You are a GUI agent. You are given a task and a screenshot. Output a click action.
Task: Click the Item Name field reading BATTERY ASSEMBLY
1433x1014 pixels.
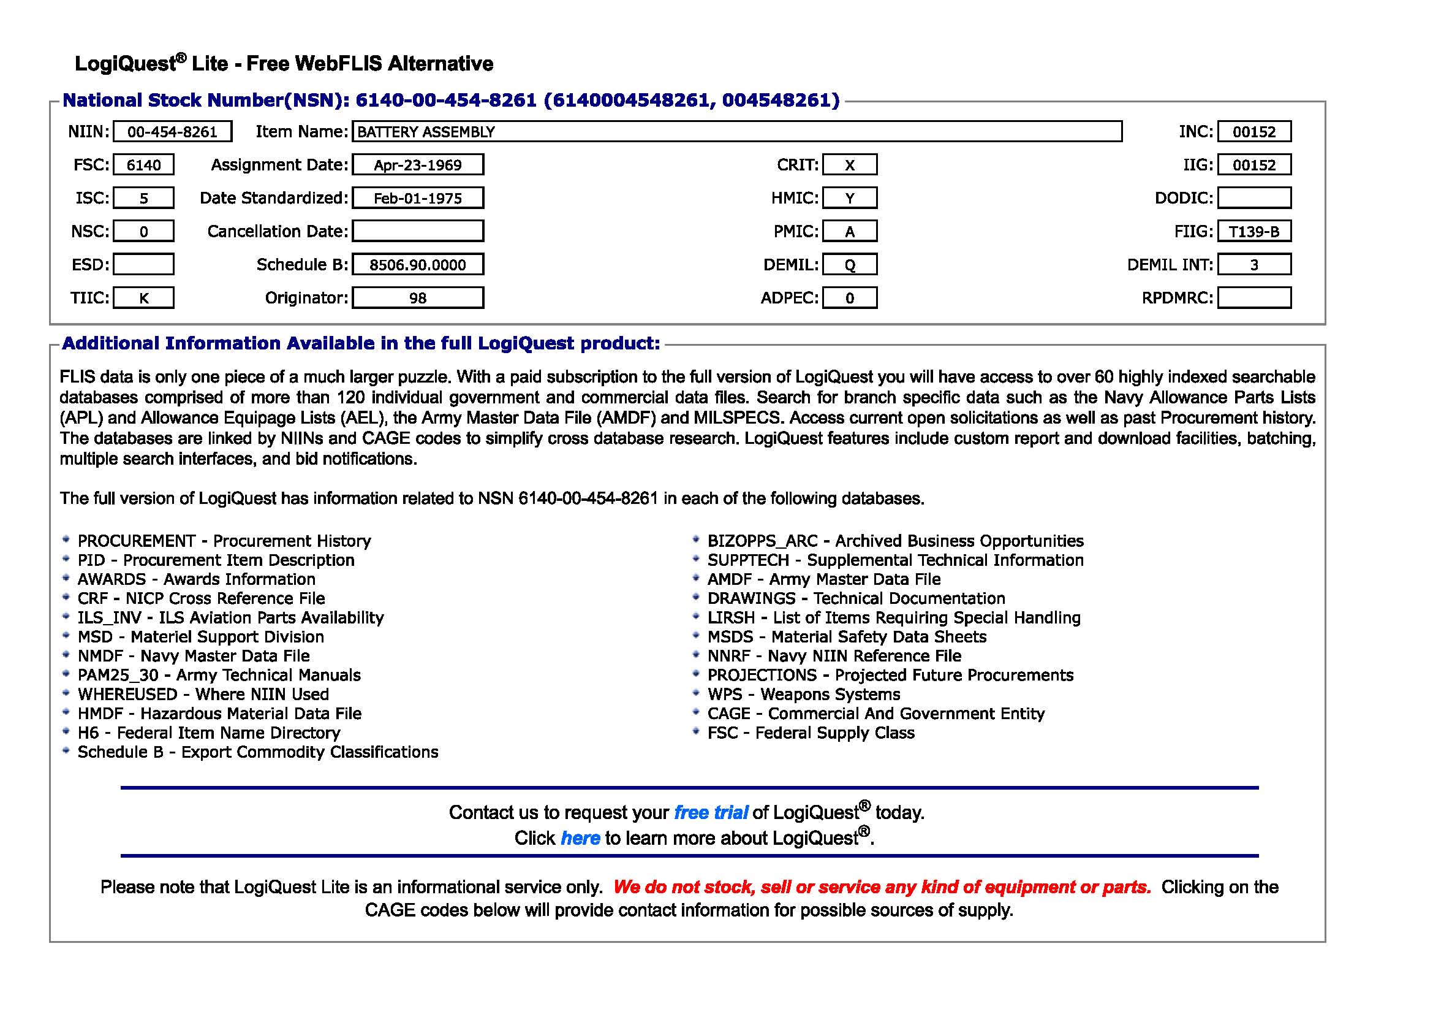tap(736, 132)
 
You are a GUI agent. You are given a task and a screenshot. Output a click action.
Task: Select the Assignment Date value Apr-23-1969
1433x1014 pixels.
tap(418, 165)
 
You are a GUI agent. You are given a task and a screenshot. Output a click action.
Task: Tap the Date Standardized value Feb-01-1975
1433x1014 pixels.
tap(418, 198)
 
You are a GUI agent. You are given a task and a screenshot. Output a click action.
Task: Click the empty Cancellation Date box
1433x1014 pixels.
tap(418, 231)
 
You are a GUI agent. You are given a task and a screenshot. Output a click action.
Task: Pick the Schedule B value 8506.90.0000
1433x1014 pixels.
tap(418, 265)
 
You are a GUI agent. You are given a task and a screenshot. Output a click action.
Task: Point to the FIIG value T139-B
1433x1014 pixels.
tap(1254, 232)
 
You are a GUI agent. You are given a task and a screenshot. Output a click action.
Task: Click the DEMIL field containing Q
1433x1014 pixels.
tap(849, 265)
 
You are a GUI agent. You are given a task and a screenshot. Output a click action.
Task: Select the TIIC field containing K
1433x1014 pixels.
tap(143, 298)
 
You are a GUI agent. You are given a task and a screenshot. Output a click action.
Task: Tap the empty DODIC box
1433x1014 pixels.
tap(1254, 198)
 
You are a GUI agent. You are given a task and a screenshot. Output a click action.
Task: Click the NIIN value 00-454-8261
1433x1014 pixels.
tap(172, 132)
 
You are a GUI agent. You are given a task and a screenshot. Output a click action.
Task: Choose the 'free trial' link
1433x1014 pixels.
tap(710, 812)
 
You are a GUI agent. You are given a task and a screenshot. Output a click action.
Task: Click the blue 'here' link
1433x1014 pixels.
tap(580, 838)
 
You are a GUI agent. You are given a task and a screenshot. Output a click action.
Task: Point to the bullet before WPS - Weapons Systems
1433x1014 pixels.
tap(696, 693)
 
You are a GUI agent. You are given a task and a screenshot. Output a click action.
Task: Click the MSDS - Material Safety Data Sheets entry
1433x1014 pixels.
tap(846, 637)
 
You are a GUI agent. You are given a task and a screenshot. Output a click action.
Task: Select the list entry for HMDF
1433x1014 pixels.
tap(219, 714)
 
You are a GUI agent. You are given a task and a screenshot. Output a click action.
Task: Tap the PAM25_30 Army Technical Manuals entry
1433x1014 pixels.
tap(219, 675)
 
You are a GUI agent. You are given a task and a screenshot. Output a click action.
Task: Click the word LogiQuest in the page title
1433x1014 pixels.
tap(126, 64)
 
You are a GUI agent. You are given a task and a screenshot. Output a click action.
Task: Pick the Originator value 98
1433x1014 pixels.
tap(418, 298)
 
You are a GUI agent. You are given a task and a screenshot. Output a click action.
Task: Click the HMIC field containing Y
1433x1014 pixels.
tap(849, 198)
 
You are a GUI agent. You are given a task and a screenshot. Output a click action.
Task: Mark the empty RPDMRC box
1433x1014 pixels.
tap(1254, 298)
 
